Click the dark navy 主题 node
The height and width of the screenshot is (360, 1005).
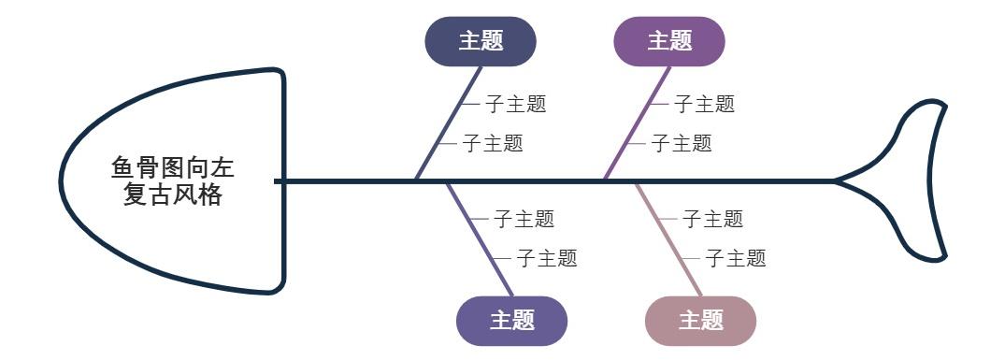(x=481, y=41)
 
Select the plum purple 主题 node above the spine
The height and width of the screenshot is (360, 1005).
(x=669, y=41)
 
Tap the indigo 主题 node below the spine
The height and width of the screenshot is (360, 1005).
(x=511, y=321)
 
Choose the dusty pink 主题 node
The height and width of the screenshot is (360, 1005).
(x=700, y=321)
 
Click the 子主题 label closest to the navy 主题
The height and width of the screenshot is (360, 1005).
(x=515, y=104)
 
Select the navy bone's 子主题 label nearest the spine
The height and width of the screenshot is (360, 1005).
(x=493, y=143)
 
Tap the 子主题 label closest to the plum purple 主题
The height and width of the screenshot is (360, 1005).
(x=704, y=104)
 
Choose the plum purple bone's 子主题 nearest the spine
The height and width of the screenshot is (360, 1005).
(x=682, y=143)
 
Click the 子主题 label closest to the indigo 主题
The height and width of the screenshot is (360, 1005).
(x=547, y=258)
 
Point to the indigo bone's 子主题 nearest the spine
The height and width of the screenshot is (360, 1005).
(x=524, y=219)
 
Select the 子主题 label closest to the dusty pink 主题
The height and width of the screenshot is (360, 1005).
(x=736, y=258)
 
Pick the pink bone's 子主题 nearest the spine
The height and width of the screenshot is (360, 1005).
(x=712, y=219)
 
